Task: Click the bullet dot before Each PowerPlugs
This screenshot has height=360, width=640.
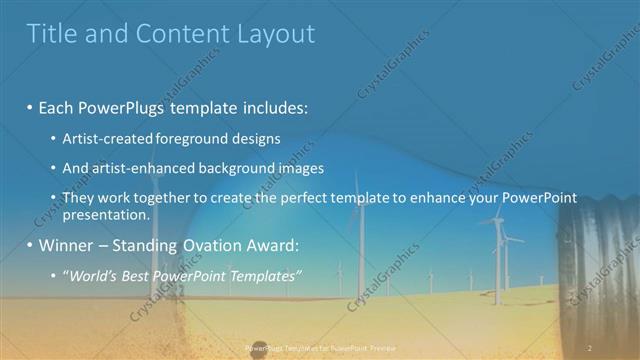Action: click(x=31, y=106)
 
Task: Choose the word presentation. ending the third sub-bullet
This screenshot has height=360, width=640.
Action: click(x=106, y=214)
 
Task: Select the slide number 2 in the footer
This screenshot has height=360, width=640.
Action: click(x=590, y=347)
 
